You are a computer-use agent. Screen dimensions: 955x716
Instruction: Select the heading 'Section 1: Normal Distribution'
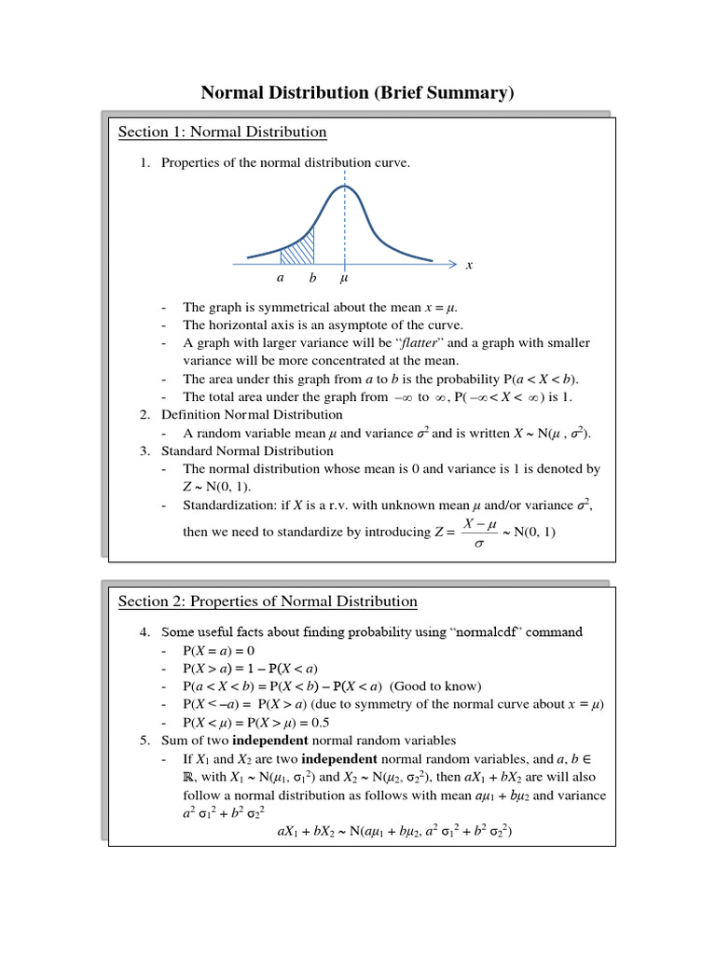(x=222, y=132)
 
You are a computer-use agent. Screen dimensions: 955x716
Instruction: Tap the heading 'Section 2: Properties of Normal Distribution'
(x=268, y=602)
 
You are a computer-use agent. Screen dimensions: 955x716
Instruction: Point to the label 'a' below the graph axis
(x=280, y=278)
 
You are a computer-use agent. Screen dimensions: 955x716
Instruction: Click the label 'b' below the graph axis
(x=312, y=278)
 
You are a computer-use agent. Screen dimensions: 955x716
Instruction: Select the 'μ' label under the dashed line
(x=345, y=278)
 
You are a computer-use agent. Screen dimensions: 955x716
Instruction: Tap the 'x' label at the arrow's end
(x=469, y=265)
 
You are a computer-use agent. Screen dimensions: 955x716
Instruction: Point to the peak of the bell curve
(x=345, y=186)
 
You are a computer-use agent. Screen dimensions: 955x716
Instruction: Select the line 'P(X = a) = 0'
(x=219, y=650)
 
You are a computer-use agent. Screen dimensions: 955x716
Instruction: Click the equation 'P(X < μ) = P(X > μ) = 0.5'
(x=256, y=722)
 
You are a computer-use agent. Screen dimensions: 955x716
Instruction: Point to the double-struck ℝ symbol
(x=189, y=776)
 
